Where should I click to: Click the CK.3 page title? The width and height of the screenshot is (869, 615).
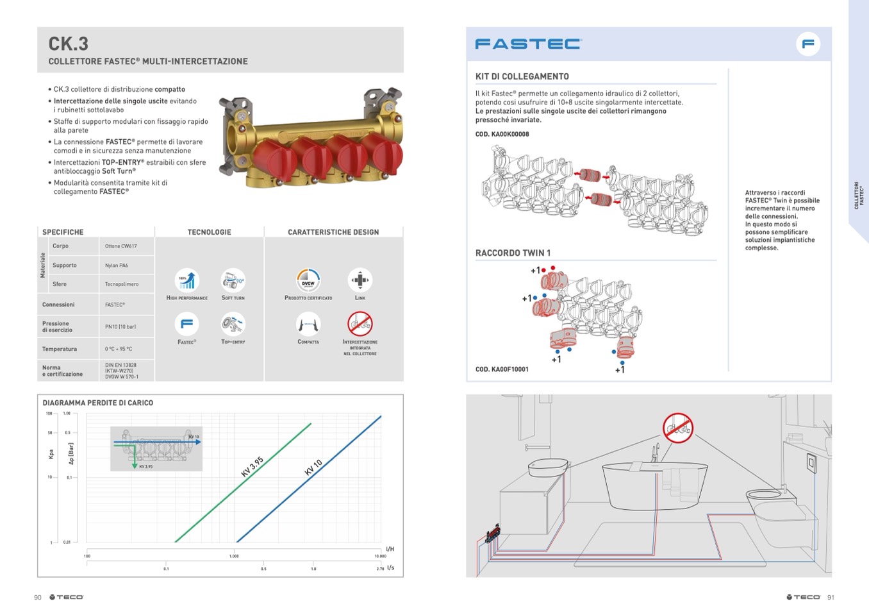[x=69, y=44]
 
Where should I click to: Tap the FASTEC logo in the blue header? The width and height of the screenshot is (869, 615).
[x=528, y=44]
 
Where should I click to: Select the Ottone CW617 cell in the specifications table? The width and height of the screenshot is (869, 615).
[x=120, y=246]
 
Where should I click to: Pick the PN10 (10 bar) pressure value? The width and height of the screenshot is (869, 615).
[x=120, y=327]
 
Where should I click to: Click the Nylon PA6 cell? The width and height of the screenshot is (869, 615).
[x=117, y=265]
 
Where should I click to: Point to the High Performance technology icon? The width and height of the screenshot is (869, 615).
[x=186, y=280]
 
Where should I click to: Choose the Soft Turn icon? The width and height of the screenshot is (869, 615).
[x=233, y=280]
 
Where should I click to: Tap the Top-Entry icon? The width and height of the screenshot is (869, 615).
[x=233, y=324]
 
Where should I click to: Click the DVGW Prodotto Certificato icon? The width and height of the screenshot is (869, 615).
[x=308, y=280]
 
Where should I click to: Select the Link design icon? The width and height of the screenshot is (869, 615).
[x=360, y=280]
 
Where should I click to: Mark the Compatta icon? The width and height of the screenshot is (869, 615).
[x=308, y=324]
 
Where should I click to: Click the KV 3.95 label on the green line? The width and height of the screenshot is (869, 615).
[x=252, y=467]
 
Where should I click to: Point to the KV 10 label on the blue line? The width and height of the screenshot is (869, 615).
[x=313, y=468]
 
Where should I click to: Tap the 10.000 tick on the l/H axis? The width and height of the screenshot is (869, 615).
[x=380, y=556]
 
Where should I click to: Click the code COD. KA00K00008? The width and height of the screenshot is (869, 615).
[x=502, y=134]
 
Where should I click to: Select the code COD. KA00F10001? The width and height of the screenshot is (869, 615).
[x=502, y=369]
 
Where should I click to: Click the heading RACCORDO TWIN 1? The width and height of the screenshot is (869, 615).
[x=513, y=253]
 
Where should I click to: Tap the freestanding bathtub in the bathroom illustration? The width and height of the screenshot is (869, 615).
[x=654, y=484]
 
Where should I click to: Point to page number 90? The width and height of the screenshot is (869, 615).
[x=38, y=598]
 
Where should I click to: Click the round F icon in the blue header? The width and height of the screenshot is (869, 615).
[x=808, y=44]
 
